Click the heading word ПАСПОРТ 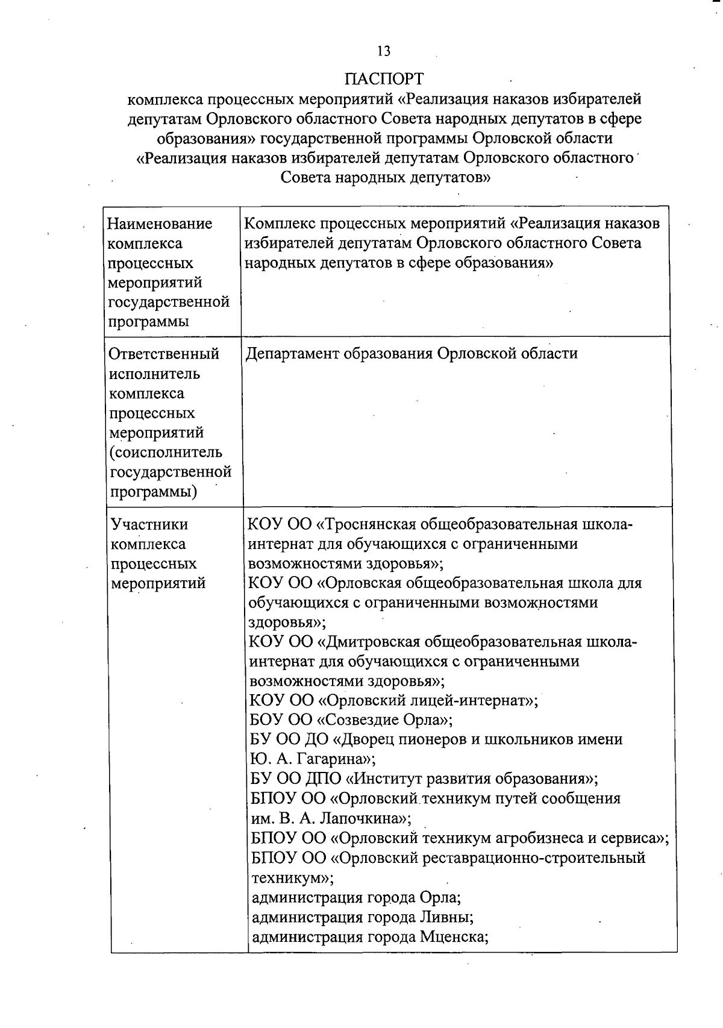[x=384, y=79]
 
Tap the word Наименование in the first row [x=160, y=224]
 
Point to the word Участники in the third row [x=149, y=524]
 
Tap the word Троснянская [x=373, y=524]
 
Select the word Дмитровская [x=373, y=642]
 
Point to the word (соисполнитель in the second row [x=166, y=452]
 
